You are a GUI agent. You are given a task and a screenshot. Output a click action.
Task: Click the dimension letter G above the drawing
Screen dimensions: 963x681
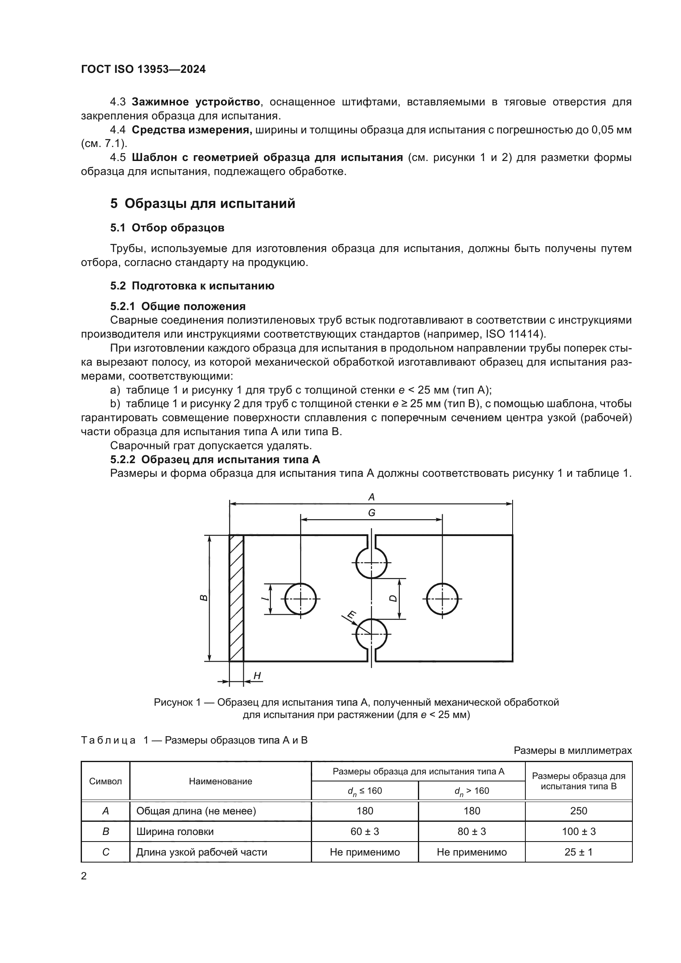tap(371, 513)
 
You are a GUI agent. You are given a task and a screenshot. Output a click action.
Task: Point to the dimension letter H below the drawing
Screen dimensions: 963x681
tap(257, 675)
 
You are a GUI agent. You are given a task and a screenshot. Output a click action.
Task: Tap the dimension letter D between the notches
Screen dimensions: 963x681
tap(393, 598)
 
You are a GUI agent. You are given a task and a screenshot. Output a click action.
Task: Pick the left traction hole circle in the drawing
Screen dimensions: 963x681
tap(301, 599)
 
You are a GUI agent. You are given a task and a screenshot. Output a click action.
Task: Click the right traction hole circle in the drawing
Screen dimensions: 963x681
tap(442, 599)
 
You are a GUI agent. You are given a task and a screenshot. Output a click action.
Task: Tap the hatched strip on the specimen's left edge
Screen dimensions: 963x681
tap(236, 598)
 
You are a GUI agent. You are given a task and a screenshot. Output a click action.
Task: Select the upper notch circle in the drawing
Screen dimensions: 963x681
tap(371, 562)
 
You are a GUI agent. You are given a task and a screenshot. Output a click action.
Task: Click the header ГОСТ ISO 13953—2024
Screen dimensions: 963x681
tap(143, 69)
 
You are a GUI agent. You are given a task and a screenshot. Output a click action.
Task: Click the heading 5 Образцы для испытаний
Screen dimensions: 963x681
tap(203, 203)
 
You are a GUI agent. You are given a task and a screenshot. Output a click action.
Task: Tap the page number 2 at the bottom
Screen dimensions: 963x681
tap(84, 876)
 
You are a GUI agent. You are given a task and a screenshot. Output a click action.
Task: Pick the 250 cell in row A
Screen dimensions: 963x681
tap(578, 811)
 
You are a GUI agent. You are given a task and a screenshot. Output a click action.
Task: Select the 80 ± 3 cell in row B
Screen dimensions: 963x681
tap(471, 831)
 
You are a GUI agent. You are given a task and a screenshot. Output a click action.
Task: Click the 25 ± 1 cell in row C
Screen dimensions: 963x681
tap(578, 852)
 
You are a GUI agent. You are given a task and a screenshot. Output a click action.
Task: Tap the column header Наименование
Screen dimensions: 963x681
tap(221, 781)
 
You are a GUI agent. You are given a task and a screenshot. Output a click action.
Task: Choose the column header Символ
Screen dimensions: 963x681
tap(106, 781)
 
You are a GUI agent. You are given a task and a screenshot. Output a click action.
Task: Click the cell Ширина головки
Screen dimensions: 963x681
tap(175, 831)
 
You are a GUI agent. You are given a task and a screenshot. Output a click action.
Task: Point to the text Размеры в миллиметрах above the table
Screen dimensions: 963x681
tap(572, 751)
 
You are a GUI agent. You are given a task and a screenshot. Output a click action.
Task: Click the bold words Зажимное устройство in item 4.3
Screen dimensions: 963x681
tap(196, 102)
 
